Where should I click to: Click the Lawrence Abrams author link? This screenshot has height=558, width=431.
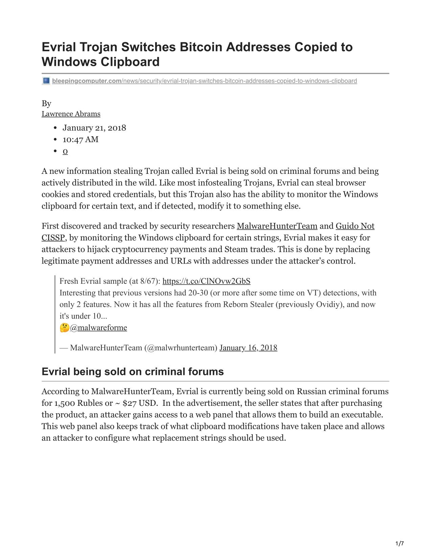click(71, 114)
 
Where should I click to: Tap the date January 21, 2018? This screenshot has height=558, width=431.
click(94, 128)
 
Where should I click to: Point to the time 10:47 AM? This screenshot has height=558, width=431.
click(80, 139)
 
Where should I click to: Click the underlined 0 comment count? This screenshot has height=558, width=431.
click(65, 151)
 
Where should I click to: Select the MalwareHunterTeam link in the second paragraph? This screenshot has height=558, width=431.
click(277, 226)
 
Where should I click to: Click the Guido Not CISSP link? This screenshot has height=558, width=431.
click(355, 226)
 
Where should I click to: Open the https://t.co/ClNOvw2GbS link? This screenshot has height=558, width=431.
click(206, 281)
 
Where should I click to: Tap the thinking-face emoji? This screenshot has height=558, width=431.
click(64, 328)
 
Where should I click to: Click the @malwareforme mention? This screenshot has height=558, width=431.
click(98, 328)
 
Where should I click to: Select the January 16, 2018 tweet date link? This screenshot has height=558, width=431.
click(248, 348)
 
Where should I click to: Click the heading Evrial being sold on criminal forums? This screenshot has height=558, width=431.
click(133, 372)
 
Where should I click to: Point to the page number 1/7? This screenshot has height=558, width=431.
click(399, 544)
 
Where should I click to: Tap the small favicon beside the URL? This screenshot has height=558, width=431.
click(46, 81)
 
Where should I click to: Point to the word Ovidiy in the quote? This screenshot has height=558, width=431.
click(328, 304)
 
